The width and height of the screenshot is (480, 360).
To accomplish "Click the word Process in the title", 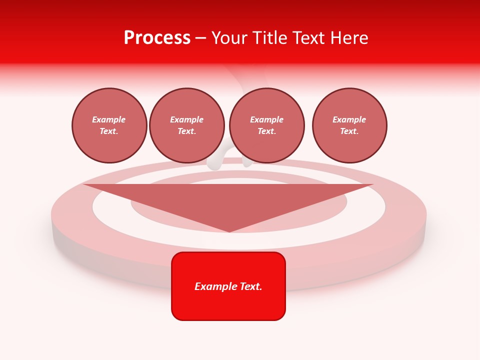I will [x=157, y=37].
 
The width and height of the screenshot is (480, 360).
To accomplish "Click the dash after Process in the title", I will [x=201, y=38].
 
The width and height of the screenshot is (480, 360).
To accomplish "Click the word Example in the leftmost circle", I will [x=109, y=119].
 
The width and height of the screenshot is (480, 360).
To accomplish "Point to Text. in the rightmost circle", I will [x=349, y=131].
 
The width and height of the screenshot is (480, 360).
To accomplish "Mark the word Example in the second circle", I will [x=187, y=119].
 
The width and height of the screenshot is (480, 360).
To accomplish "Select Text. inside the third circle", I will [x=267, y=131].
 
